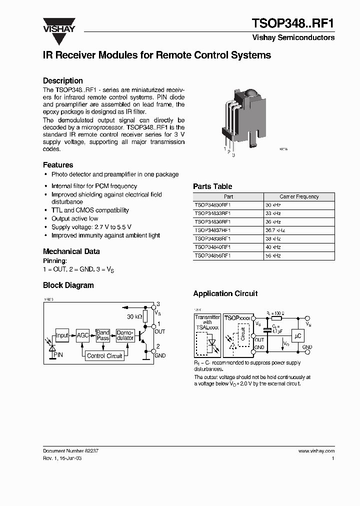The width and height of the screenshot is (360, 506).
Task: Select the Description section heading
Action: click(x=62, y=80)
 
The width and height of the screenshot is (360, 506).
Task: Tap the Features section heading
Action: click(x=58, y=165)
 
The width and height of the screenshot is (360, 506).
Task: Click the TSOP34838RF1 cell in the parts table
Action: click(x=212, y=238)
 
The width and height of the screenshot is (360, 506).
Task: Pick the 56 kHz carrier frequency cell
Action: click(x=273, y=255)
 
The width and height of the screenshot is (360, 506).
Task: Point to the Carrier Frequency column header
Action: click(x=299, y=196)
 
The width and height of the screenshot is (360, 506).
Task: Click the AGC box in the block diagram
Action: click(x=82, y=336)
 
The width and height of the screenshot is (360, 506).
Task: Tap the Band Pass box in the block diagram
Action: click(x=103, y=335)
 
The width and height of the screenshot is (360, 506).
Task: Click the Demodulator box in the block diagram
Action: click(x=125, y=335)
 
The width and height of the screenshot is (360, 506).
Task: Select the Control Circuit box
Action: click(x=104, y=355)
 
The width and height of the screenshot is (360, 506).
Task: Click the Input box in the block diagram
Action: click(x=62, y=336)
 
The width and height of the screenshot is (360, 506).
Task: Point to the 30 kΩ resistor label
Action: click(x=135, y=317)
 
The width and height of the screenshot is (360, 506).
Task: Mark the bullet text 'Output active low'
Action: click(x=74, y=218)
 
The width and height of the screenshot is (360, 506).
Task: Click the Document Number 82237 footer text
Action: click(x=70, y=450)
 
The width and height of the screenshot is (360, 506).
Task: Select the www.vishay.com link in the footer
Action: click(x=316, y=450)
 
